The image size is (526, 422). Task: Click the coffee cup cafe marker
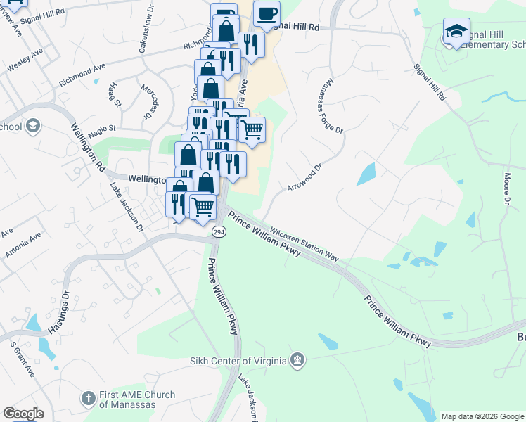click(267, 14)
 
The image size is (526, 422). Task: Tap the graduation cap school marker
click(456, 32)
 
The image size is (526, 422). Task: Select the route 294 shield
click(219, 231)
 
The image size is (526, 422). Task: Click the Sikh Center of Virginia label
click(238, 362)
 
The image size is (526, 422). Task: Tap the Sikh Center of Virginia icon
click(298, 361)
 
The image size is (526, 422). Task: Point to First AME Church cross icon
click(89, 399)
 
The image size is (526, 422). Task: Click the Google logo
click(23, 414)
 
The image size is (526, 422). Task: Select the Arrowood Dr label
click(304, 179)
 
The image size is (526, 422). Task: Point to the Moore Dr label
click(507, 190)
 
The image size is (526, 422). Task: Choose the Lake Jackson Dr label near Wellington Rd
click(127, 208)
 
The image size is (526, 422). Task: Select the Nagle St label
click(102, 129)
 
